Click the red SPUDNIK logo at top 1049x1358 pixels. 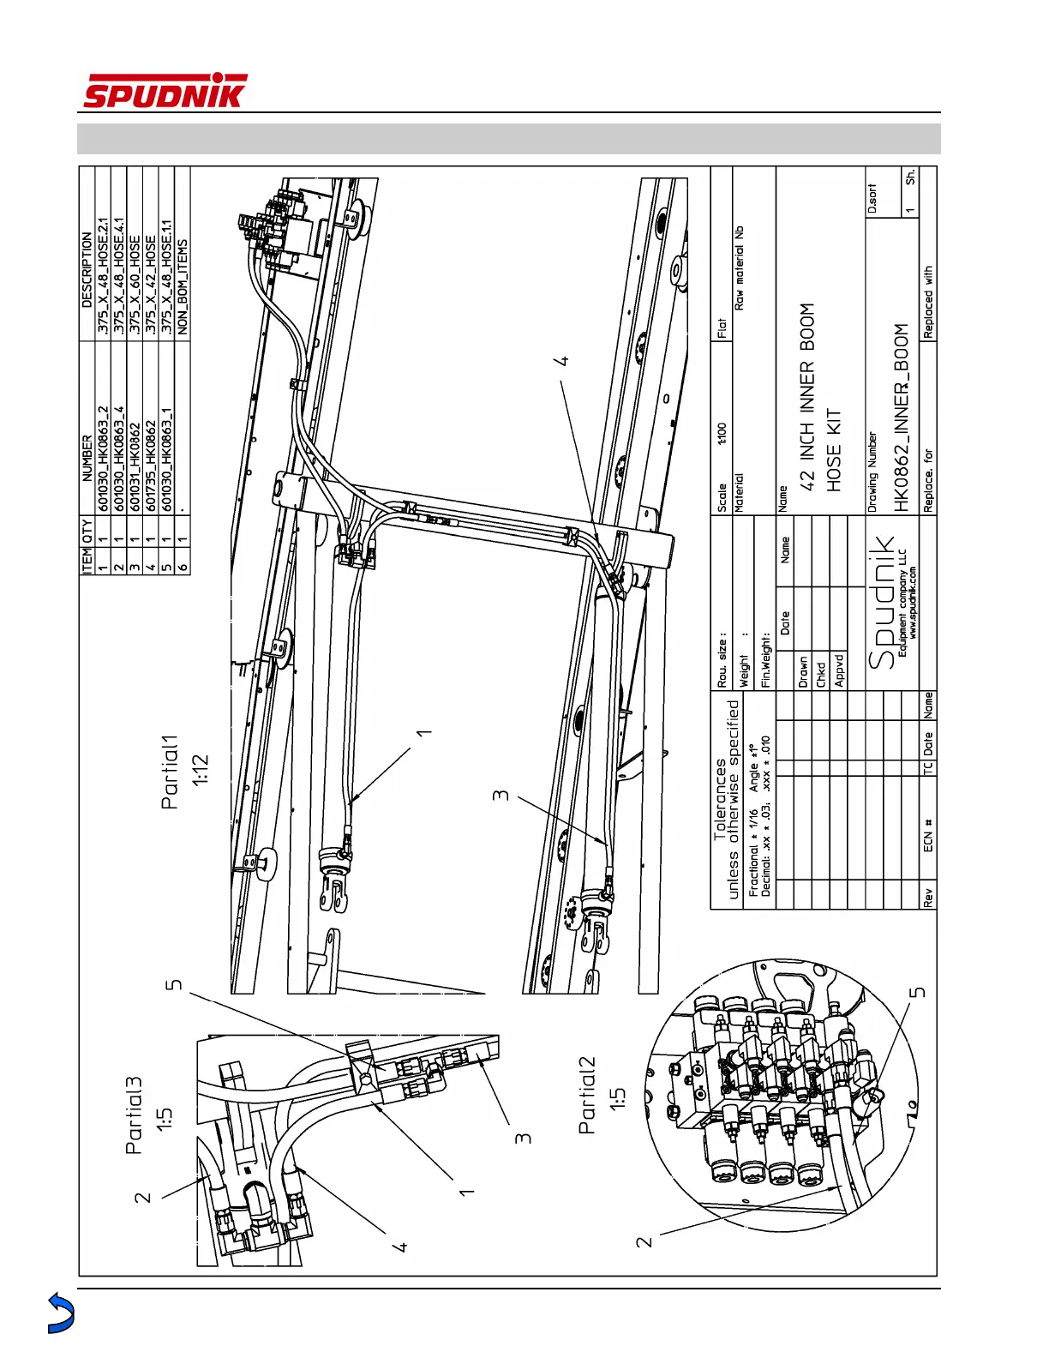click(165, 92)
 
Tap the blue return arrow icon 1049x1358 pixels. click(60, 1313)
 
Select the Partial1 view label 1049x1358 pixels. click(171, 772)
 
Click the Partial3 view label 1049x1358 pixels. click(135, 1115)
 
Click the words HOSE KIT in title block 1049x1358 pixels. click(834, 449)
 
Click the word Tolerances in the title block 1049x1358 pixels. click(720, 797)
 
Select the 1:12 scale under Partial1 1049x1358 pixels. click(200, 769)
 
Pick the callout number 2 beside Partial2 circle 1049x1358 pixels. click(644, 1241)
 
